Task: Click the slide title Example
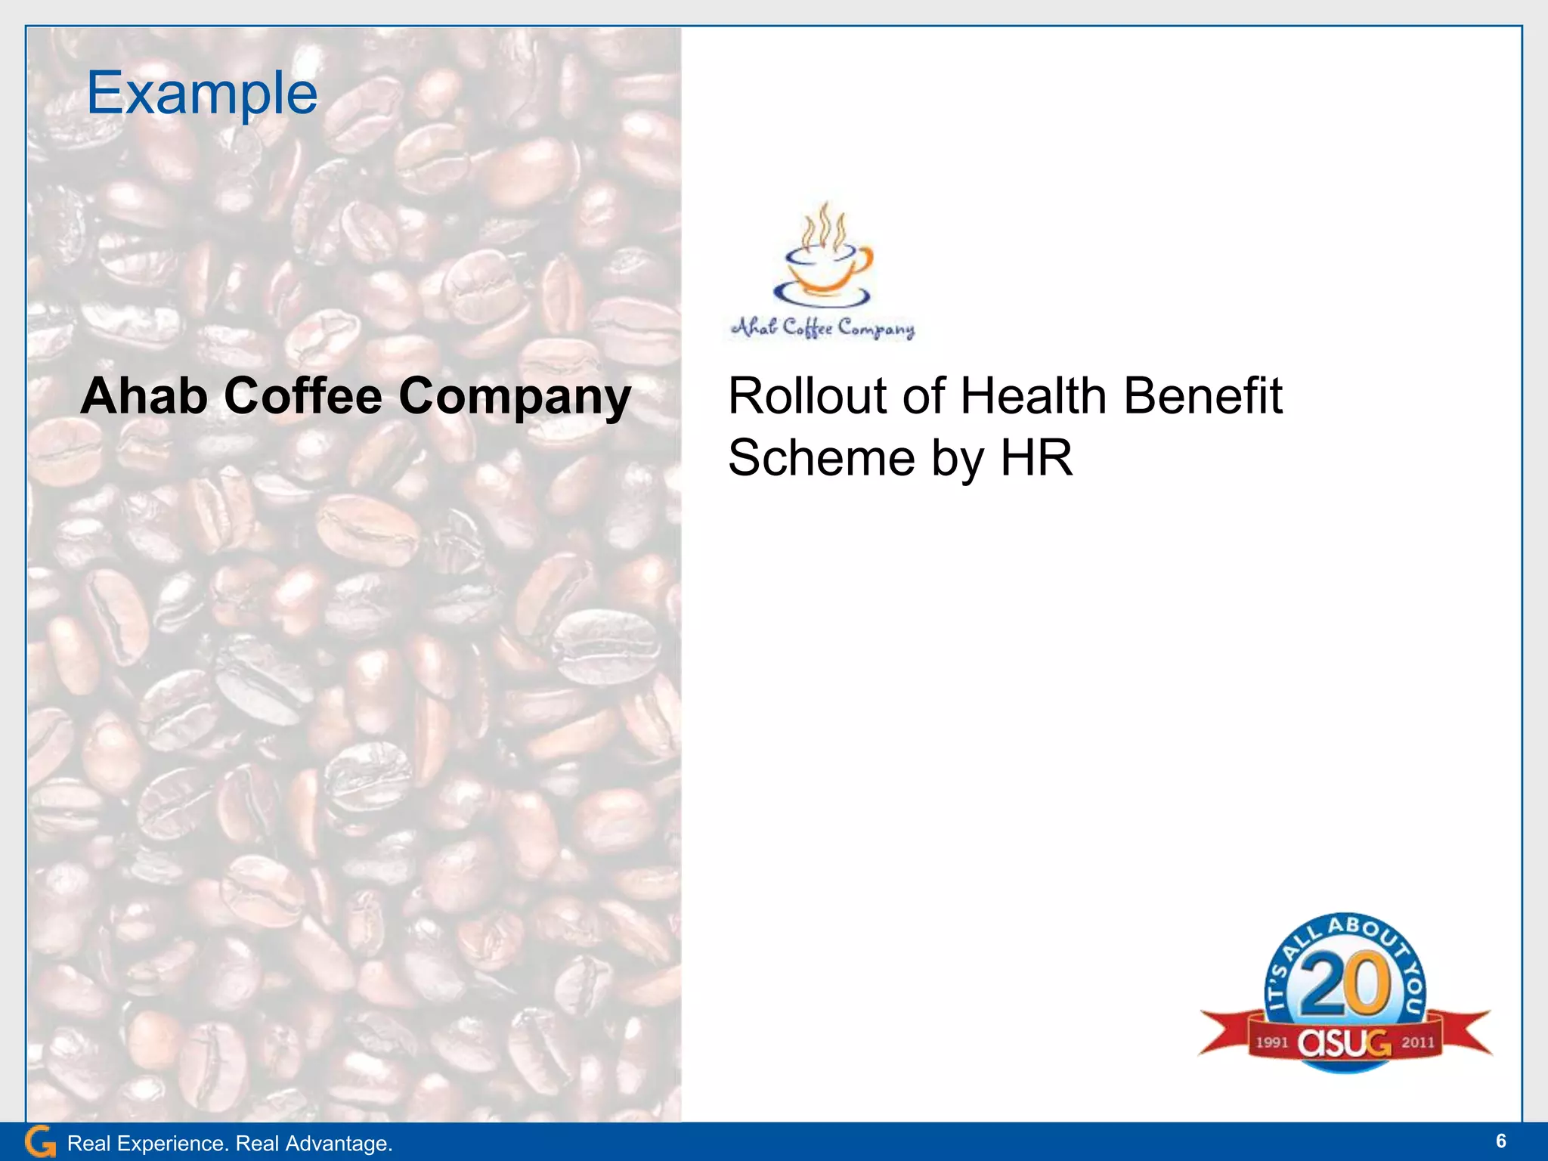click(202, 94)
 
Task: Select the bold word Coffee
click(303, 396)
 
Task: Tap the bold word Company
click(515, 398)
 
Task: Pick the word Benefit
click(1203, 396)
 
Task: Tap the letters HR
click(1036, 458)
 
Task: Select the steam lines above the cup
click(823, 224)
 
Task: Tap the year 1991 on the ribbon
click(1272, 1043)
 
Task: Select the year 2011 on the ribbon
click(1418, 1043)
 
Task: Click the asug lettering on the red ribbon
click(1345, 1043)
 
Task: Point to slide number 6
click(1500, 1141)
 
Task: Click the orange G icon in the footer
click(40, 1141)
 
